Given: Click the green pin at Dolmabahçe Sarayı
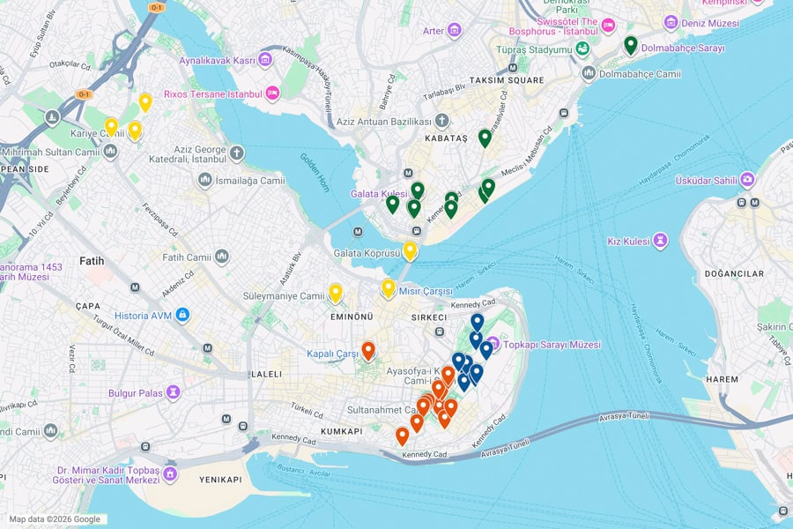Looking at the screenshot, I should point(631,45).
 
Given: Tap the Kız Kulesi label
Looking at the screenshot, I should point(628,241).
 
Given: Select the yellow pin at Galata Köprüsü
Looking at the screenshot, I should point(410,250).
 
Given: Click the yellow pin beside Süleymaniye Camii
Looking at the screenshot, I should point(336,293).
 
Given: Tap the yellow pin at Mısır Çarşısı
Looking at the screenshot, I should point(388,287).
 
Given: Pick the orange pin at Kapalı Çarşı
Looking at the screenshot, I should point(368,350).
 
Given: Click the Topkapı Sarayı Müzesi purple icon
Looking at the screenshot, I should point(493,343).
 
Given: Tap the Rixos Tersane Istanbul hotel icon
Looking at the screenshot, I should point(273,93).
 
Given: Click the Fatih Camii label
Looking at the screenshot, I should point(187,257).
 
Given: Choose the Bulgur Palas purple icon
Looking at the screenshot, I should point(173,391).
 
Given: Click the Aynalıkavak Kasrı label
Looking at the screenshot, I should point(217,60).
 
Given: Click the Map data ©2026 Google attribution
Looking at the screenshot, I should point(55,519).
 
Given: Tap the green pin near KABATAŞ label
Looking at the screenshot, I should point(485,138).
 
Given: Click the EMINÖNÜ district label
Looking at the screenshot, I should point(352,317).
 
